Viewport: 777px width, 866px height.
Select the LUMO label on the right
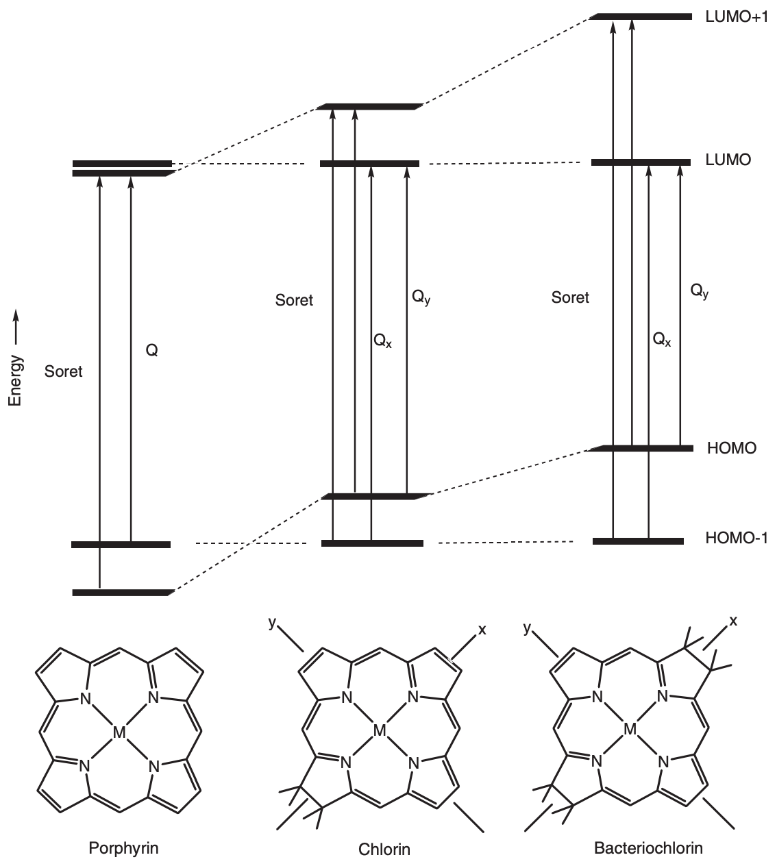(728, 161)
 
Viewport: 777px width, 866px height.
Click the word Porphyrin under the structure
(124, 848)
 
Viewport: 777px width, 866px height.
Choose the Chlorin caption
(384, 850)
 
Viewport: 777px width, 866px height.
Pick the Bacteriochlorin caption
(648, 848)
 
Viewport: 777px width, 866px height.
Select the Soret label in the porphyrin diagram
(63, 372)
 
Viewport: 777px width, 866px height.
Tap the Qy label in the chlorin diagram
(421, 297)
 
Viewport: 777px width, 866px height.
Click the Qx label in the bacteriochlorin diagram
(661, 338)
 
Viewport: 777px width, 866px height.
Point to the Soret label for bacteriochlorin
(570, 297)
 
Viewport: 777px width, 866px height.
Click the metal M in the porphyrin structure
(119, 734)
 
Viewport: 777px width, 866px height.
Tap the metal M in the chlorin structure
(380, 732)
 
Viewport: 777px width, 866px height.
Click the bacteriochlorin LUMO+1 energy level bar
(642, 16)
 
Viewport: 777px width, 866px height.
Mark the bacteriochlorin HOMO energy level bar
(642, 449)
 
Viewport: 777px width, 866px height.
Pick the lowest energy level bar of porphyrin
(122, 592)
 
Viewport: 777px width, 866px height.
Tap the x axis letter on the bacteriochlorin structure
(733, 621)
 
